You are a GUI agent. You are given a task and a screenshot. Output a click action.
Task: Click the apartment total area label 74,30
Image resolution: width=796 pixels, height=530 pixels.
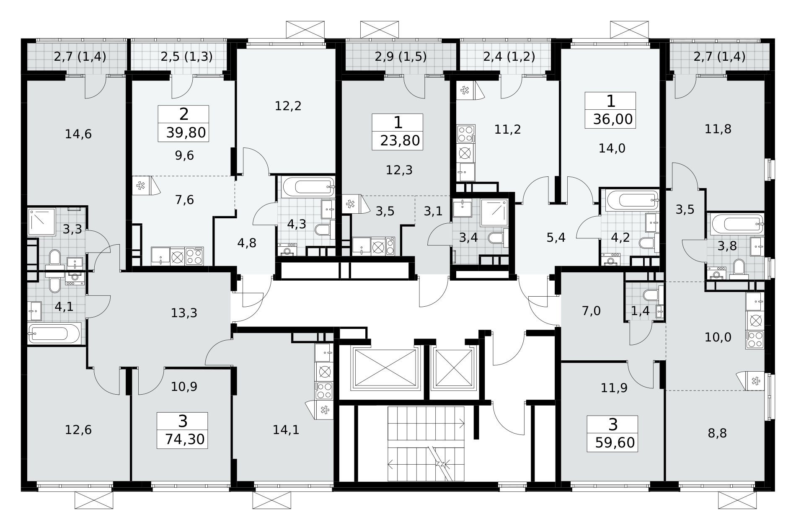(185, 439)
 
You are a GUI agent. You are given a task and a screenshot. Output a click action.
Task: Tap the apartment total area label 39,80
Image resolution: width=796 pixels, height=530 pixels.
(186, 133)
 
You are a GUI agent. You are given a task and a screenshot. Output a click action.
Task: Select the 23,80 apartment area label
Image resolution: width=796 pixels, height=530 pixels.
(400, 141)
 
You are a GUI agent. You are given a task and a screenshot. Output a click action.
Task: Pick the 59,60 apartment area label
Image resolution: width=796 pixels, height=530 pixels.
(614, 443)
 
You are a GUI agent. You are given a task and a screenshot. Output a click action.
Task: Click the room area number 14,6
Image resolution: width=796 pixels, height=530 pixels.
(78, 134)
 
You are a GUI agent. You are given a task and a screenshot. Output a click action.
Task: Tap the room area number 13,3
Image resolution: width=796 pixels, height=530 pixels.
(184, 313)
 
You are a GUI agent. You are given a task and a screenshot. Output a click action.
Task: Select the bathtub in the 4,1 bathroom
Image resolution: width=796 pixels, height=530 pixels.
(54, 334)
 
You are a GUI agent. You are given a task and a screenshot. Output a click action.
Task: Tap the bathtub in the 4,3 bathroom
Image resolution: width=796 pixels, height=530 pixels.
(308, 187)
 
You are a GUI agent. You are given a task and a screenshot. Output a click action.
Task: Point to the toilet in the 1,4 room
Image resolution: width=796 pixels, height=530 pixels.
(650, 295)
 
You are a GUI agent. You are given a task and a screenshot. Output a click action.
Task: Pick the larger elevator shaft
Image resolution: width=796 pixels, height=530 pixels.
(385, 368)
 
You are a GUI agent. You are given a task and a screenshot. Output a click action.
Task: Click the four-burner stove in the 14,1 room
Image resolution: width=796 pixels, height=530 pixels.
(324, 390)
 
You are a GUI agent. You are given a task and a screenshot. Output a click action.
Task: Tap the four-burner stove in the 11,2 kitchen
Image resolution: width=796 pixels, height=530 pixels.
(466, 134)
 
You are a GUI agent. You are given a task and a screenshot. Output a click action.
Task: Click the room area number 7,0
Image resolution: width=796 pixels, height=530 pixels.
(591, 311)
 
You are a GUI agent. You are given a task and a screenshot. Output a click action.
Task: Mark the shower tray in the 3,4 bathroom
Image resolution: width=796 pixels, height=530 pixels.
(494, 213)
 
